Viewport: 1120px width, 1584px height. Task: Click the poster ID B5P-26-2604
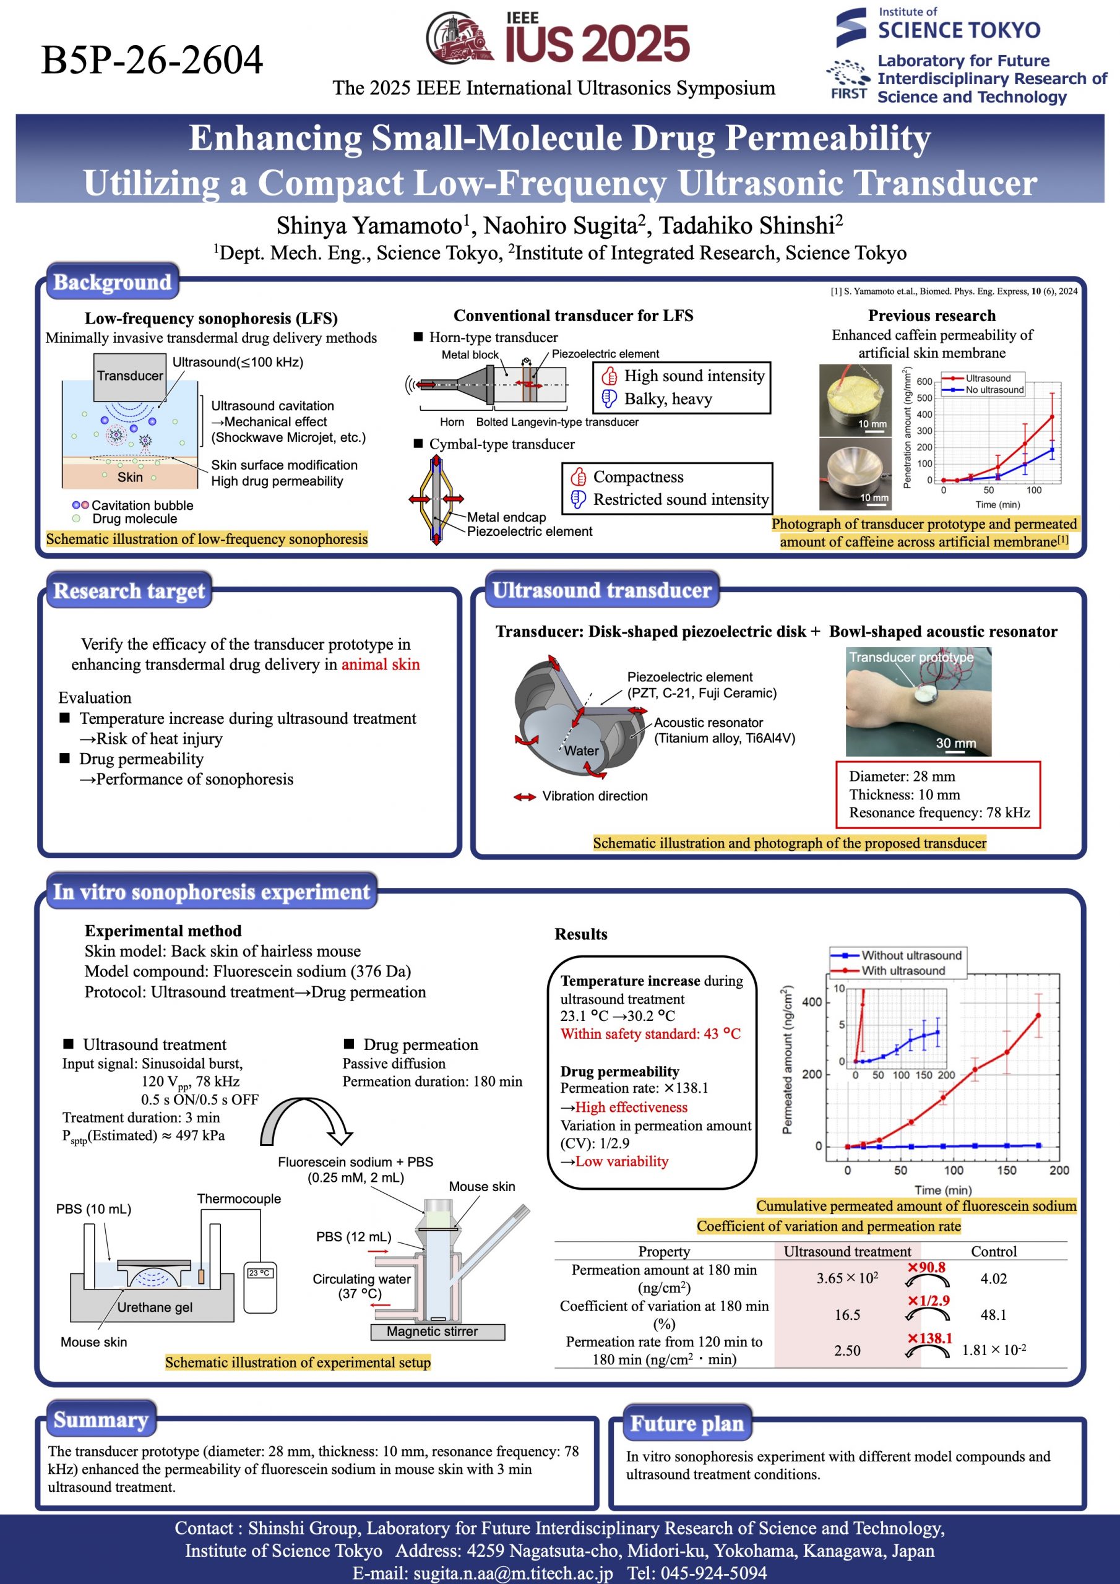(152, 59)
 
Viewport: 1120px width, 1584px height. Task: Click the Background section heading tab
(113, 282)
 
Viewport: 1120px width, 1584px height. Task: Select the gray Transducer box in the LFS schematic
(130, 376)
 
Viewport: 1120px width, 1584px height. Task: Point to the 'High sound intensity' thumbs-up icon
(610, 376)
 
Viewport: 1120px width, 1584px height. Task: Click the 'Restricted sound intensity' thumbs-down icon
(579, 499)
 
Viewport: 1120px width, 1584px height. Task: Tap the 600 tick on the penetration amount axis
(924, 382)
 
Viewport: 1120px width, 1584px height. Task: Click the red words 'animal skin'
(380, 665)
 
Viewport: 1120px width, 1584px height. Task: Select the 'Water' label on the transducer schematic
(581, 751)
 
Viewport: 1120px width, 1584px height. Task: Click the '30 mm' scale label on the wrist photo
(956, 743)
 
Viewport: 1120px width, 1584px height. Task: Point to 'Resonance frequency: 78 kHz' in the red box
(939, 812)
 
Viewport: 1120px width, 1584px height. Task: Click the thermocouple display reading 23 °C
(259, 1273)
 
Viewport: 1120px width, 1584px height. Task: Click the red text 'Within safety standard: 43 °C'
(650, 1034)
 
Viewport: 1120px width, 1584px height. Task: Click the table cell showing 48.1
(993, 1315)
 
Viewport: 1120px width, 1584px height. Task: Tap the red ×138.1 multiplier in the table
(929, 1338)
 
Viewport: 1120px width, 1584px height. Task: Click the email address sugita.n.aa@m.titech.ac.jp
(483, 1573)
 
